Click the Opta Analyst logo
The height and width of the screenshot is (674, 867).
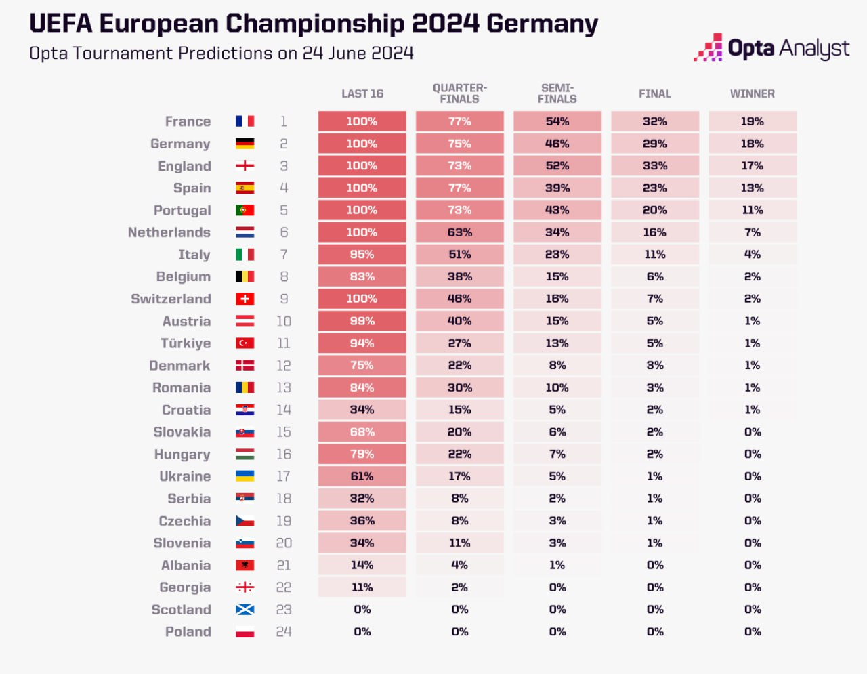[771, 48]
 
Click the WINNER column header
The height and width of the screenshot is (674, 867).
[752, 93]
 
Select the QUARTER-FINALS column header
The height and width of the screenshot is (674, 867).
[459, 93]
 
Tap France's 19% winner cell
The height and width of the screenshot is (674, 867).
[752, 121]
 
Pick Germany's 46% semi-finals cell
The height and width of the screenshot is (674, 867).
[557, 144]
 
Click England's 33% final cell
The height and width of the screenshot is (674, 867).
[654, 166]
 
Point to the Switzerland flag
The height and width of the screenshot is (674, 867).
[245, 299]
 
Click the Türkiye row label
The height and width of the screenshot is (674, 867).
[186, 343]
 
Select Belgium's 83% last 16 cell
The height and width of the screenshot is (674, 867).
[362, 276]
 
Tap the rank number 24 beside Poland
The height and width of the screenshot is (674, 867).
[283, 632]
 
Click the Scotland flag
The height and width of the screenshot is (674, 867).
[245, 610]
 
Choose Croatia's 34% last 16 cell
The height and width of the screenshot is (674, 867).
[362, 410]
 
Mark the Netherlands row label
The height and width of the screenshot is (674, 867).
[169, 232]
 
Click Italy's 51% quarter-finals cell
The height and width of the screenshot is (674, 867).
[459, 255]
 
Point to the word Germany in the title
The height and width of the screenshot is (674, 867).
[542, 24]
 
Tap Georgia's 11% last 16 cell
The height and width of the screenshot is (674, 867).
[362, 587]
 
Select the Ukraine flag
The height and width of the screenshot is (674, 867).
[245, 476]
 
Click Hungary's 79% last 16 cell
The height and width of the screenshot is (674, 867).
[362, 454]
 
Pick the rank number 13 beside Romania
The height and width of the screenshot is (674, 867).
[283, 387]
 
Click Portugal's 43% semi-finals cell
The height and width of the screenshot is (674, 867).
[557, 210]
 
